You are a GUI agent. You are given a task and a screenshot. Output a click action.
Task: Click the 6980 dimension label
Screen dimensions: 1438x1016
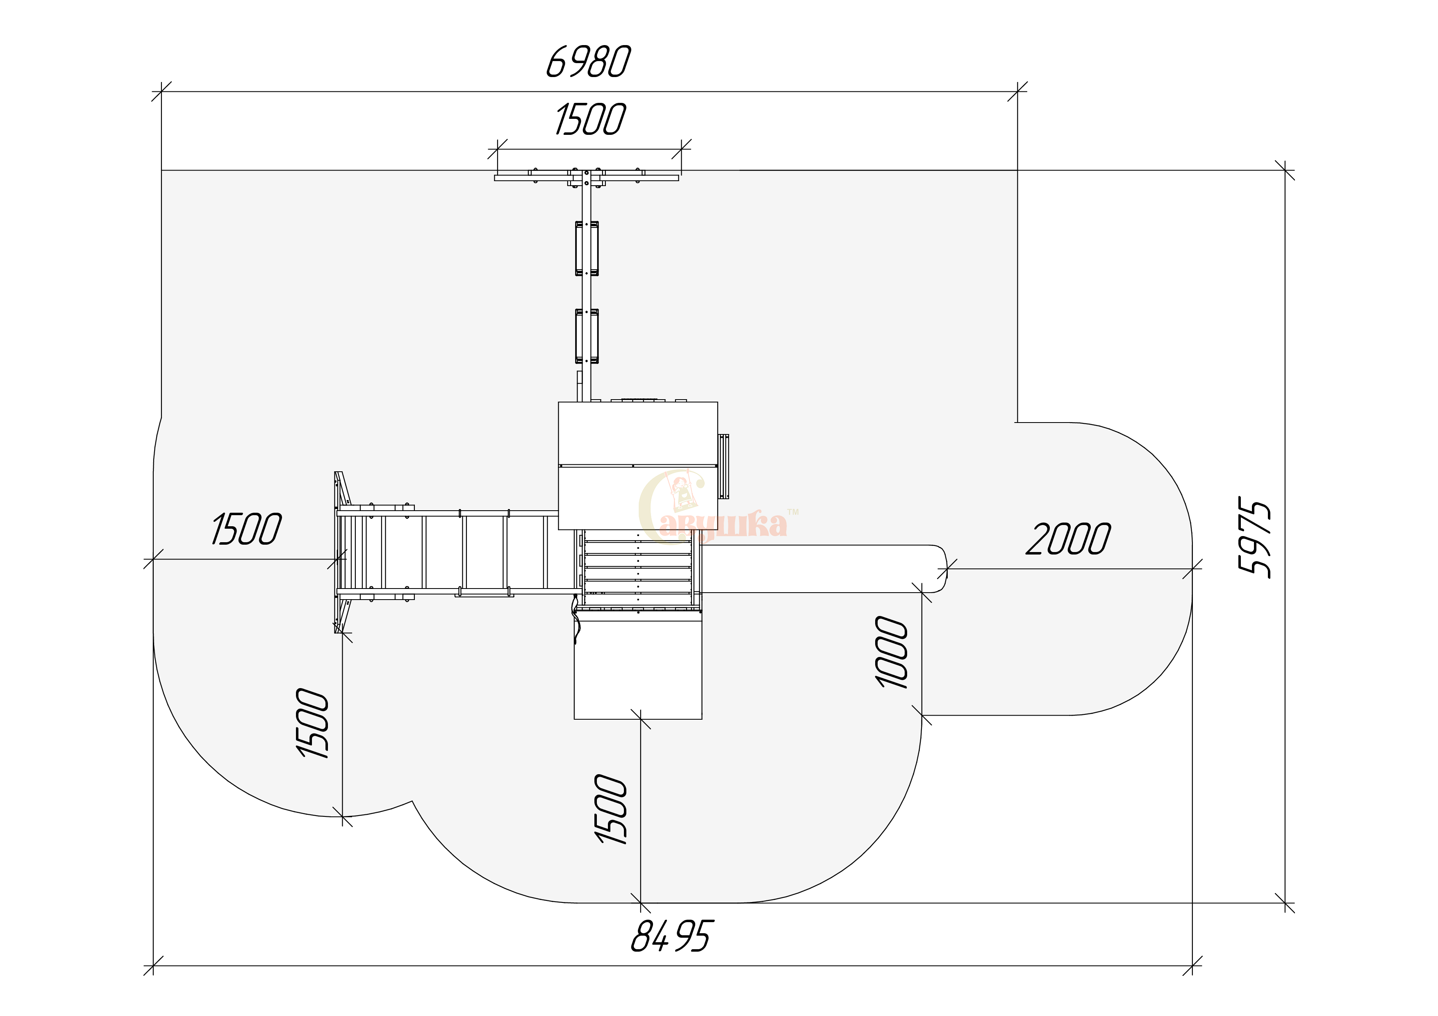pyautogui.click(x=588, y=62)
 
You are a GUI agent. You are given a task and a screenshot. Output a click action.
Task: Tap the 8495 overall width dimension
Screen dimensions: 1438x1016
pyautogui.click(x=671, y=936)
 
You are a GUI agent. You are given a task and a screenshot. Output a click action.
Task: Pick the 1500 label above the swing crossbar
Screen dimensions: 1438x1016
pyautogui.click(x=590, y=120)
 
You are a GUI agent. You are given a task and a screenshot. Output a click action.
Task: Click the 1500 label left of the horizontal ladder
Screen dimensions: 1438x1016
pyautogui.click(x=246, y=529)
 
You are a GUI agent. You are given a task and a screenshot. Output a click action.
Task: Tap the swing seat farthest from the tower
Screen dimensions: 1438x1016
pyautogui.click(x=587, y=248)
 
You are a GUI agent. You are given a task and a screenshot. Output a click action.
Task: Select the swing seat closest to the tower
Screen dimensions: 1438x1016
pyautogui.click(x=587, y=336)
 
